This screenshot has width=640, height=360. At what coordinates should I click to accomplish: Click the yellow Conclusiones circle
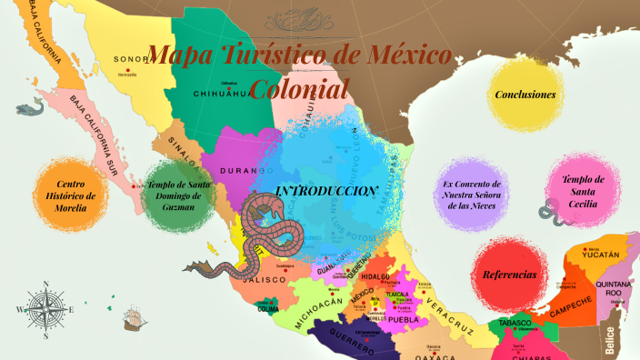tap(525, 95)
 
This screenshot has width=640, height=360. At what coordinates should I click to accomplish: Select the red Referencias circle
tap(509, 275)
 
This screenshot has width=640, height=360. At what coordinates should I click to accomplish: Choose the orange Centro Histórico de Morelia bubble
tap(70, 195)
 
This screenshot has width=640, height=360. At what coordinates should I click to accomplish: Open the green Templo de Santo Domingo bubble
tap(178, 195)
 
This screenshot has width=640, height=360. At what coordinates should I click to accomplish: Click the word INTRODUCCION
tap(326, 191)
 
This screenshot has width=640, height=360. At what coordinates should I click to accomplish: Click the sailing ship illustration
tap(134, 319)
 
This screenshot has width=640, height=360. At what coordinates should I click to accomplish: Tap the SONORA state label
tap(130, 60)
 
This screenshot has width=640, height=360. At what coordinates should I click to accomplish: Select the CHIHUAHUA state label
tap(222, 93)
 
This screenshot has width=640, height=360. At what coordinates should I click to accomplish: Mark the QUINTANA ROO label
tap(607, 288)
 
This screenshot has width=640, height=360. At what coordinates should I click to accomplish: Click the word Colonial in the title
tap(299, 88)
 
